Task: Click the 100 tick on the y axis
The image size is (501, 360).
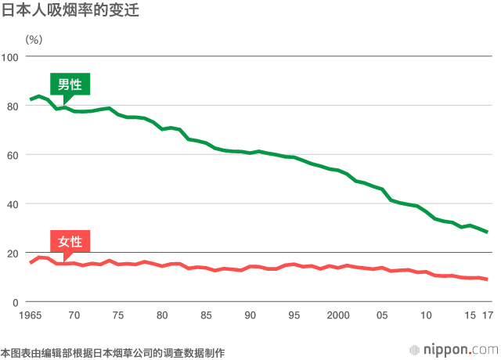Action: [x=10, y=56]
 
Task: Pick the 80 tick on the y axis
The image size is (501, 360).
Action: [x=13, y=106]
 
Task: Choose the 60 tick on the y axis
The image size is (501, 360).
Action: [x=13, y=155]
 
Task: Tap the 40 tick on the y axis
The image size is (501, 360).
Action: [x=13, y=203]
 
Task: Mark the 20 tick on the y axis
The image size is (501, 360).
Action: [x=13, y=253]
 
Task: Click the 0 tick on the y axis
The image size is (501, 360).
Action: [x=16, y=302]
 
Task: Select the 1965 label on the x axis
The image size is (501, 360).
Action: [x=30, y=315]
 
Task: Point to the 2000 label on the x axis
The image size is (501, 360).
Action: [x=338, y=315]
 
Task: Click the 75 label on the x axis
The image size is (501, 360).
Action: [x=118, y=315]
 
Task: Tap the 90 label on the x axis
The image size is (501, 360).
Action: [x=250, y=315]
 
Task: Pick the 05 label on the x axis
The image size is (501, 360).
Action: [x=383, y=315]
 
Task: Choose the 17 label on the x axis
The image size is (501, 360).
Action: [x=487, y=315]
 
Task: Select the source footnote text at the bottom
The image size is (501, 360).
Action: [x=113, y=353]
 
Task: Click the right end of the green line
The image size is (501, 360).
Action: [x=487, y=232]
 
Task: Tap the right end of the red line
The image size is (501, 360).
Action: [x=487, y=279]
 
